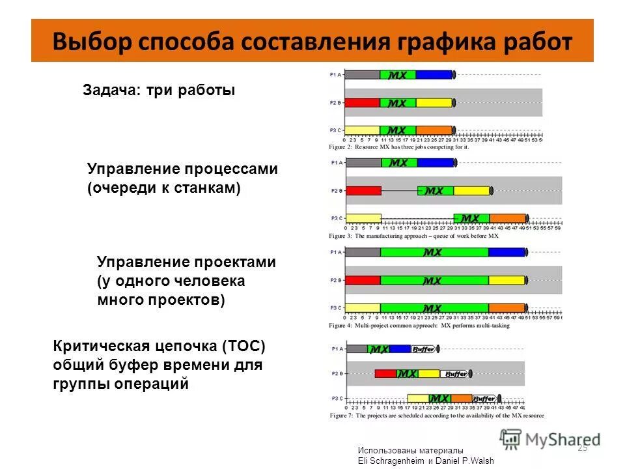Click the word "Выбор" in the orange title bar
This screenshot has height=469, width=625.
click(x=90, y=41)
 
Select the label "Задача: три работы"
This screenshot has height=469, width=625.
click(x=158, y=91)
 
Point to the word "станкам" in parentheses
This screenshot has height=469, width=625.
click(x=208, y=188)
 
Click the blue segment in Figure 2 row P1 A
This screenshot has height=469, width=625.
click(x=434, y=75)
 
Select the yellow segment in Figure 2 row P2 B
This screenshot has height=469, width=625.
click(x=434, y=103)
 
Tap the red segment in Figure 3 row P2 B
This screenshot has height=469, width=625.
click(x=363, y=191)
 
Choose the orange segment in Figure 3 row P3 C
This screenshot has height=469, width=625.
click(x=507, y=218)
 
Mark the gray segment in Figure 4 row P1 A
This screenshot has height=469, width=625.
click(x=363, y=252)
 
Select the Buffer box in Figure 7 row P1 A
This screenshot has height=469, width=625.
click(x=424, y=349)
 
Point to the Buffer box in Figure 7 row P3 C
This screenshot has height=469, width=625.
click(x=484, y=398)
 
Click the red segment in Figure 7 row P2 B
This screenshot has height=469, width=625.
click(x=385, y=374)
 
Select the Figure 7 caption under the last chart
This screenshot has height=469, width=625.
click(x=436, y=416)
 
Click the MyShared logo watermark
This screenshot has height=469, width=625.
click(x=549, y=439)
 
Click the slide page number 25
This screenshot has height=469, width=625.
click(x=582, y=447)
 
